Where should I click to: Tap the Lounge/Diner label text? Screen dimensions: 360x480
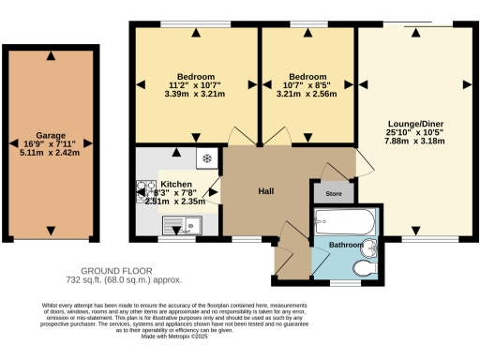coord(416,124)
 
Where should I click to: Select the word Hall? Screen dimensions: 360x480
coord(265,191)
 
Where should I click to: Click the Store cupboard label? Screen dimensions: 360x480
coord(333,194)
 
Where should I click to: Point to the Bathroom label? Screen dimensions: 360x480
coord(347,244)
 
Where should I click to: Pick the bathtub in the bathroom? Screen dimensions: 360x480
coord(344,222)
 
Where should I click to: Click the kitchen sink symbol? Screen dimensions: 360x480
coord(179,224)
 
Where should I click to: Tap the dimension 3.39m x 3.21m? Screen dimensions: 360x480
coord(196,94)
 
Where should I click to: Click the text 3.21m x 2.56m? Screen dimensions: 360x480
coord(307,94)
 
